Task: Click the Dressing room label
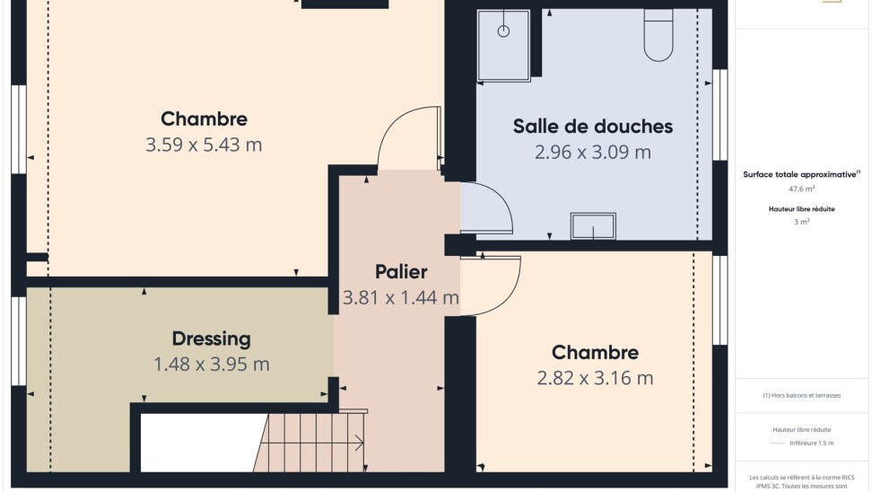(x=212, y=338)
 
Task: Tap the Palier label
(x=401, y=272)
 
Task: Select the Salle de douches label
(x=593, y=127)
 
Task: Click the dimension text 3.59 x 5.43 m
(x=204, y=145)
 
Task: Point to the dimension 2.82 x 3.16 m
(x=595, y=379)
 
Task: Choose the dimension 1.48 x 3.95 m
(x=212, y=365)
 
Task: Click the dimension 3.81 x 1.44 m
(x=401, y=298)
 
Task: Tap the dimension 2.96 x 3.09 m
(x=593, y=153)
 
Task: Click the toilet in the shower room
(x=658, y=34)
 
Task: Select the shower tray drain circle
(x=503, y=31)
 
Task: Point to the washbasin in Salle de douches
(x=593, y=226)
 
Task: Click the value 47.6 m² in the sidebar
(x=801, y=189)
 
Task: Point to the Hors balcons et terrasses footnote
(x=801, y=395)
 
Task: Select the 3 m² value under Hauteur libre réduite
(x=801, y=222)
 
